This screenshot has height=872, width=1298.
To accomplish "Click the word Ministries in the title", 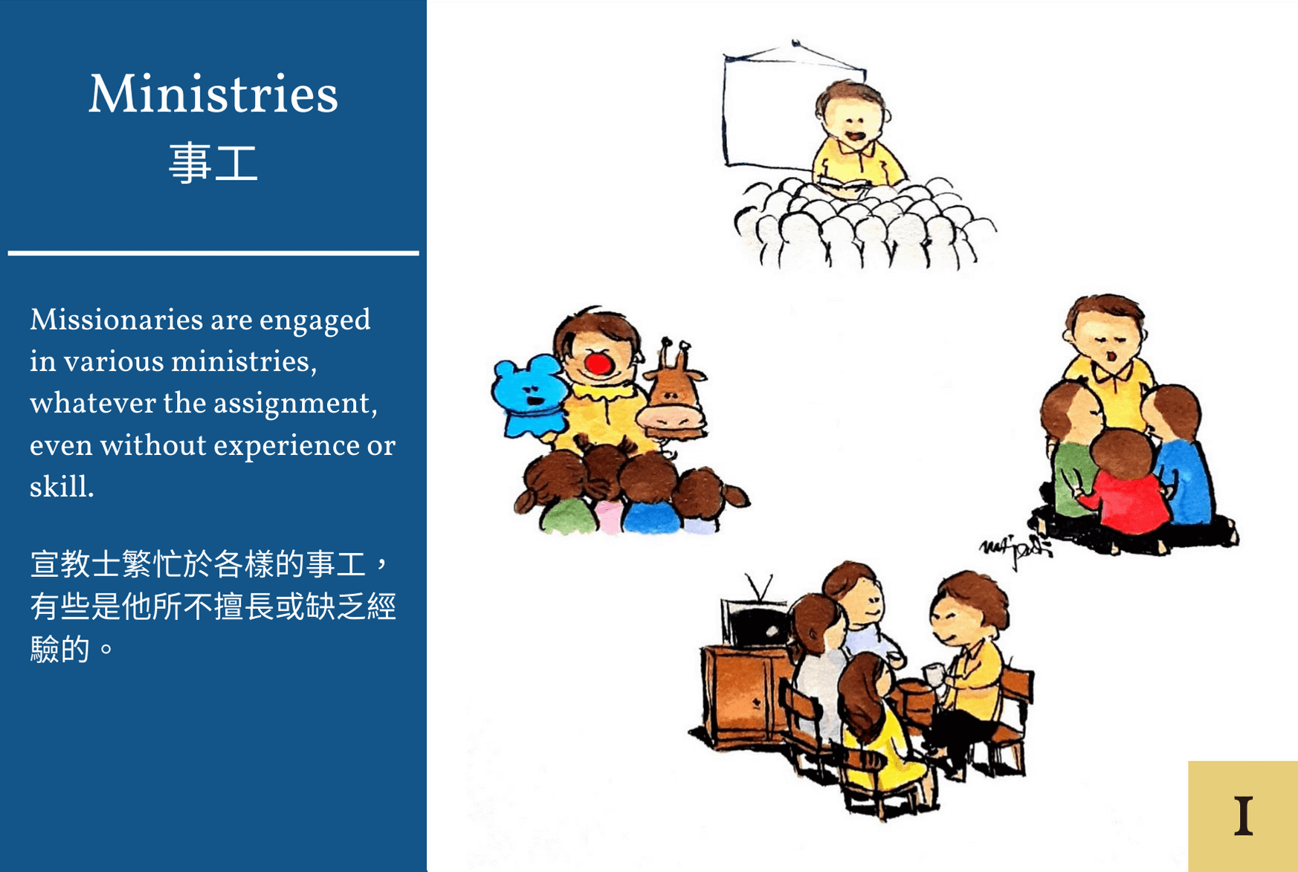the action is tap(213, 94).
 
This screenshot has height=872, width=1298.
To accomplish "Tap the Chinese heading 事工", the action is tap(213, 163).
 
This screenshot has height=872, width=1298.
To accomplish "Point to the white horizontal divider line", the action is tap(213, 253).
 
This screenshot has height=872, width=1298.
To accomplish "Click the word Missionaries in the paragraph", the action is tap(116, 320).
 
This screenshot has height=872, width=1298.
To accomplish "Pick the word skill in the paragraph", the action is tap(61, 487).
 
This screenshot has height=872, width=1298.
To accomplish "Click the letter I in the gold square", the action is tap(1244, 816).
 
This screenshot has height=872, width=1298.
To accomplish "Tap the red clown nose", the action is tap(598, 364).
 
